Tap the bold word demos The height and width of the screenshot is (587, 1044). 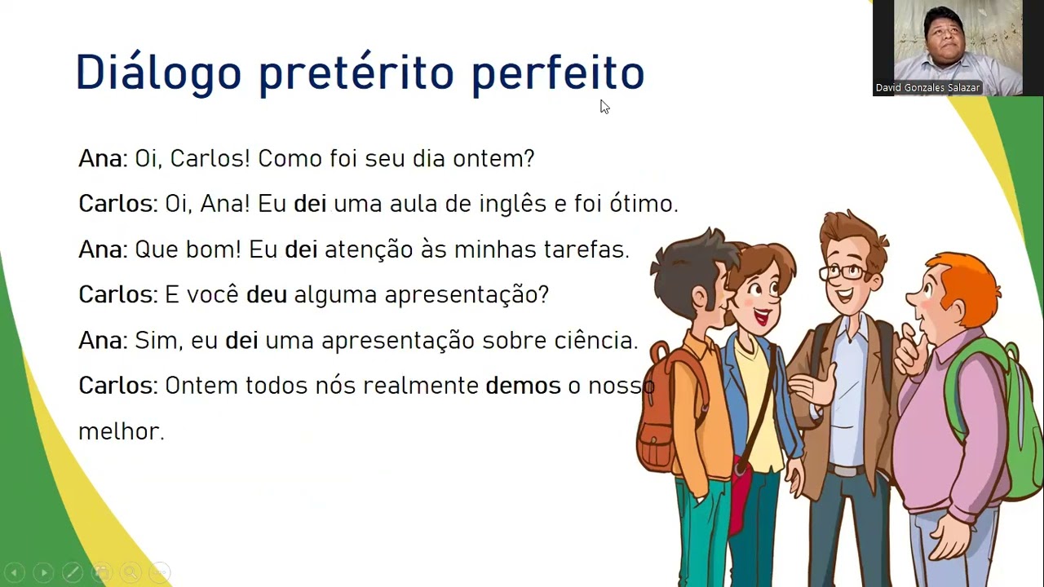523,386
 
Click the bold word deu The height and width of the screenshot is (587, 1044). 266,294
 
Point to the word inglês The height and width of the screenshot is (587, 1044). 512,204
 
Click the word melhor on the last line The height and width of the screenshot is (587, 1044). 121,431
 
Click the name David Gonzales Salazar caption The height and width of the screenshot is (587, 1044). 927,87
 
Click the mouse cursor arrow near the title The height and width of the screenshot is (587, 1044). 604,106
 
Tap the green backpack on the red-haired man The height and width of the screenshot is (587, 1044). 991,408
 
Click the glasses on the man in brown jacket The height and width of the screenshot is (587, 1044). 843,271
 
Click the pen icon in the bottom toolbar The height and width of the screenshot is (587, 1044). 72,572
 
